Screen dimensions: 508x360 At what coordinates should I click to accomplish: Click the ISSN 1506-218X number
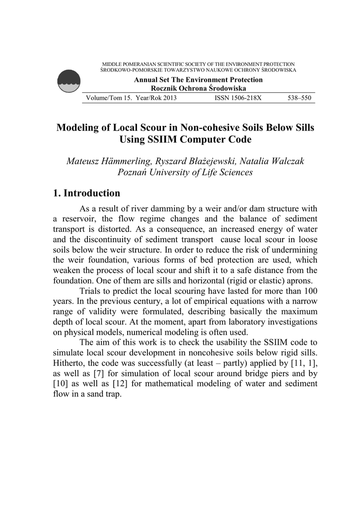point(237,98)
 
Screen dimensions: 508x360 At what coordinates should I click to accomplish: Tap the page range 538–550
point(299,98)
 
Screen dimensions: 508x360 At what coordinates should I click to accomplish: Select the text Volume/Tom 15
point(105,98)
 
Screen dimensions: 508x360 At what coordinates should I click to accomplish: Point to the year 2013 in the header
point(168,98)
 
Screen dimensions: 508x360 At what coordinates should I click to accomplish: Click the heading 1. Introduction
point(87,193)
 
